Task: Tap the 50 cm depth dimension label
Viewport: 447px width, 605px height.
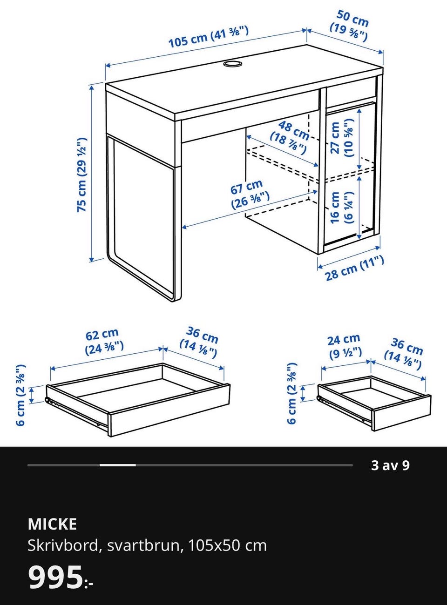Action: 350,26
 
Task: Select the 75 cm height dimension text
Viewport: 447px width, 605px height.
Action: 81,175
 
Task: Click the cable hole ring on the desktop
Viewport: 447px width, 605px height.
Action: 232,64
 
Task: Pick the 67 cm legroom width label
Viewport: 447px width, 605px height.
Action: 250,195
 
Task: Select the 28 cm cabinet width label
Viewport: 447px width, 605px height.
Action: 354,268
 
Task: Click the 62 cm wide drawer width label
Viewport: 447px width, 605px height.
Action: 104,342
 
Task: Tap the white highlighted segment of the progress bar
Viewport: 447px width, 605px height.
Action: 118,465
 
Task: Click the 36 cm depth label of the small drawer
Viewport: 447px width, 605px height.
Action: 403,354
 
